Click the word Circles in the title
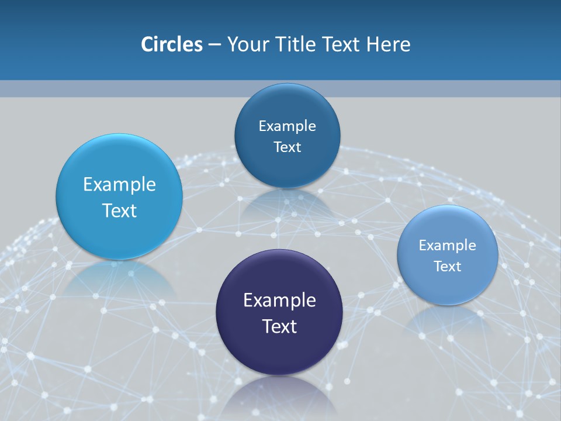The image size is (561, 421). (171, 44)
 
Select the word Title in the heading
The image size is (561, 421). (293, 44)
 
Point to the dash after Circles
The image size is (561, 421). (214, 45)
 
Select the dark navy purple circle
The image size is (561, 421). (279, 351)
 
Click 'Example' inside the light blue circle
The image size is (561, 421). (119, 185)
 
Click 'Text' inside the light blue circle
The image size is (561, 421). (119, 210)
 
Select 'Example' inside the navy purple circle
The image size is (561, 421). (279, 301)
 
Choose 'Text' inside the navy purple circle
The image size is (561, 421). (279, 326)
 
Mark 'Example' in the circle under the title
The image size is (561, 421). (287, 126)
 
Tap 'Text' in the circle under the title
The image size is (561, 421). (287, 147)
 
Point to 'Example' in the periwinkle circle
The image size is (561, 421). (448, 246)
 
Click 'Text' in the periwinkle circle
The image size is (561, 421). (448, 267)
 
